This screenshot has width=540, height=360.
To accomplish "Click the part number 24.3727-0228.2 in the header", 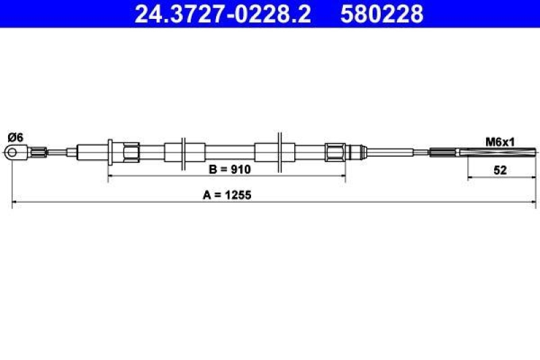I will tap(223, 14).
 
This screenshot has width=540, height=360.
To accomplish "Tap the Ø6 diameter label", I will tap(15, 137).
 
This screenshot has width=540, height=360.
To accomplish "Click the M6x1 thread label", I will tap(500, 141).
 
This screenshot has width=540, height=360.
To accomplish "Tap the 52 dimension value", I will tap(500, 170).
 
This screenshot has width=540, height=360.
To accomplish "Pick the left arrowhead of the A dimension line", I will tap(15, 203).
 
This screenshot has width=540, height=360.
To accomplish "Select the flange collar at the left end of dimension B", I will tap(110, 151).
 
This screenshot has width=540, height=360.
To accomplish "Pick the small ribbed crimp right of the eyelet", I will tap(41, 153).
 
